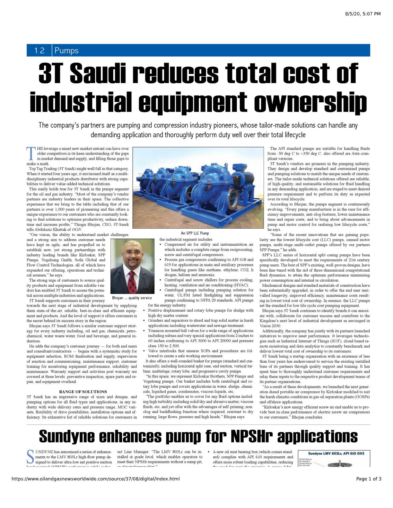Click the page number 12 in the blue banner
39,51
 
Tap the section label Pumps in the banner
66,51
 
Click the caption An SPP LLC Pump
195,233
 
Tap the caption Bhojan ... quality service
132,298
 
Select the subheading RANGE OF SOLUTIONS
83,392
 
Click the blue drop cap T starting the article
31,154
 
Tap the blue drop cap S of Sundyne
31,457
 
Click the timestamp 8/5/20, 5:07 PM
363,14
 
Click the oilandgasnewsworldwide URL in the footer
96,479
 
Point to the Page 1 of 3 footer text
369,479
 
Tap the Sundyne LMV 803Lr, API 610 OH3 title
334,453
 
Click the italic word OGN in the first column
77,230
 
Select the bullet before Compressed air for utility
161,245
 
